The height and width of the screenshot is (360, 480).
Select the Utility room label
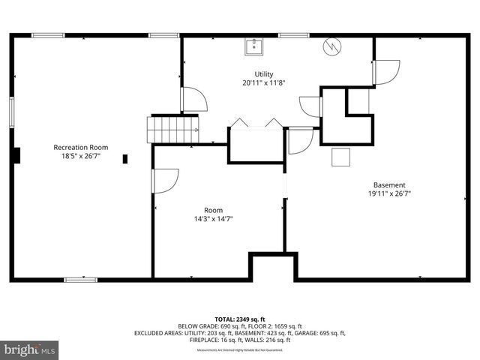coord(263,73)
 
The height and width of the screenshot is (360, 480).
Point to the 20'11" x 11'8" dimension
coord(263,83)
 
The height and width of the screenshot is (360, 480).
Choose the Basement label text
coord(389,184)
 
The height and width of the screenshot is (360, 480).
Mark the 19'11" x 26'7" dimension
coord(389,194)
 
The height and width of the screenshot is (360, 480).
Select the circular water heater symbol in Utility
coord(331,47)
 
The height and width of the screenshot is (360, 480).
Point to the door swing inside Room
coord(164,181)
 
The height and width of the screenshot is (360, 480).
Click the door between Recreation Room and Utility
coord(193,100)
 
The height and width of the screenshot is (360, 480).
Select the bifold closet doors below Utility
coord(256,124)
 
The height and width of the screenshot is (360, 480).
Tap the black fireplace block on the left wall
coord(16,155)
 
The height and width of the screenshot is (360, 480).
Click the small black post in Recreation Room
coord(125,158)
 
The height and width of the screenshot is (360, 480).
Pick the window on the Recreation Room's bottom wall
coord(80,280)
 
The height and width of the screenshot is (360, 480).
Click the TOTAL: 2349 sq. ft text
coord(239,319)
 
